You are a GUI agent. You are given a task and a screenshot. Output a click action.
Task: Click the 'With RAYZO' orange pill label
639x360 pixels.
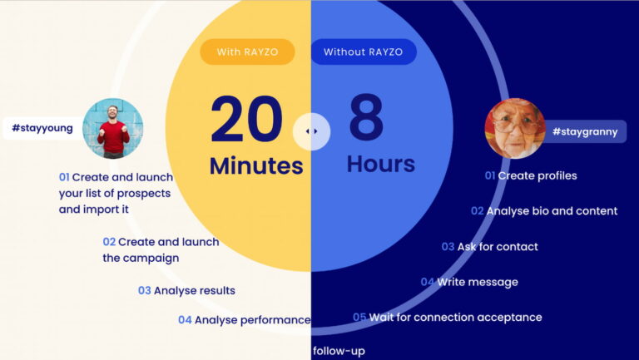point(247,52)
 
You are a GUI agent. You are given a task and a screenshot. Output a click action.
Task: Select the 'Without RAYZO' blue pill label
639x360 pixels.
point(364,52)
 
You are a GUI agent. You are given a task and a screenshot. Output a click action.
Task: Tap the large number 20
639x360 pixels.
point(246,119)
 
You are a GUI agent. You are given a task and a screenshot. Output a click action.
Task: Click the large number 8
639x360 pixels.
point(366,117)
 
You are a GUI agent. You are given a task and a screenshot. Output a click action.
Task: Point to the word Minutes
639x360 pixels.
point(256,165)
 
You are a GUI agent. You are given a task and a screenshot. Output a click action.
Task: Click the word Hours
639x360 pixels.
point(381,164)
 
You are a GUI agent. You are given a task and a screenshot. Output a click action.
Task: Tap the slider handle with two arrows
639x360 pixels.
point(312,131)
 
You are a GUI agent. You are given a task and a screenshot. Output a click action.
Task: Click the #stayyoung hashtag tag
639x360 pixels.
point(42,128)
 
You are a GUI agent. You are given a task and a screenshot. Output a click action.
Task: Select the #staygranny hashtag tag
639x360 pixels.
point(585,131)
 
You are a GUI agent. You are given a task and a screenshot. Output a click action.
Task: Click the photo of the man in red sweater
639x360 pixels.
point(113,128)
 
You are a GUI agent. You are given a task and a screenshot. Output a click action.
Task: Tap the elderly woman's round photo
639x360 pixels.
point(515,128)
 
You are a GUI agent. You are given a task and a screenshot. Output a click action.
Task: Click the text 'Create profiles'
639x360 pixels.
point(537,176)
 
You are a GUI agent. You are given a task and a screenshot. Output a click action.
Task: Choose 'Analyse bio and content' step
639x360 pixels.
point(552,211)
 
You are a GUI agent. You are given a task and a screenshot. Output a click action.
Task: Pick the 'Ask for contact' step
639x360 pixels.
point(498,247)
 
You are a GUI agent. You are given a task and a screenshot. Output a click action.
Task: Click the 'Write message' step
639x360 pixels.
point(478,282)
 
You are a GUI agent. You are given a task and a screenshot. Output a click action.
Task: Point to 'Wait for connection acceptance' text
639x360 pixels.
point(456,318)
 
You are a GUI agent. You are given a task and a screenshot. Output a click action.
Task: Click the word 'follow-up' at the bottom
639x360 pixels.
point(339,351)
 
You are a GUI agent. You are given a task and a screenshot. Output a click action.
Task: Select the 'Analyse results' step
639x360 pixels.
point(195,291)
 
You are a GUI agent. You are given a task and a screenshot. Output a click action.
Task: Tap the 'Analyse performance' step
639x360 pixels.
point(253,320)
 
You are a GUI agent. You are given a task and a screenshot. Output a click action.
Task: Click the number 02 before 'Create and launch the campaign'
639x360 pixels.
point(109,242)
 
